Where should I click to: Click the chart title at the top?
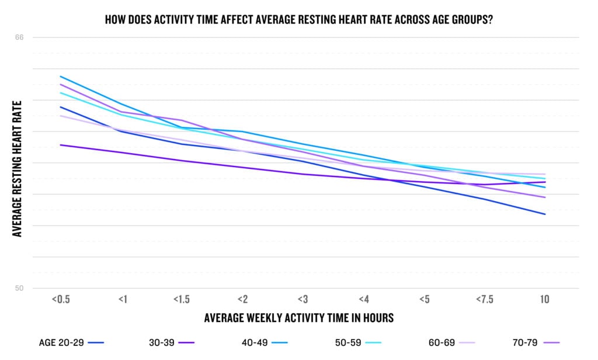click(x=299, y=19)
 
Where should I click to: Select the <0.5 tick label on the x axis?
click(x=60, y=299)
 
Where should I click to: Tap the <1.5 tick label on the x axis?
click(x=181, y=299)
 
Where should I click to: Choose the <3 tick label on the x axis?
click(x=303, y=299)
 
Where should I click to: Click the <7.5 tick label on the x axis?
click(x=484, y=299)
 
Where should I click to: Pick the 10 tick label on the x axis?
click(x=544, y=299)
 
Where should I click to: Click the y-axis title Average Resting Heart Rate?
click(x=18, y=168)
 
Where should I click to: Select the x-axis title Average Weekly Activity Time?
click(x=299, y=318)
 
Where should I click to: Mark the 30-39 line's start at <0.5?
click(x=60, y=145)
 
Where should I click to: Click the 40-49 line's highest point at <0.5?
click(x=60, y=76)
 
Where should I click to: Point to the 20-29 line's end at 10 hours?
click(x=545, y=214)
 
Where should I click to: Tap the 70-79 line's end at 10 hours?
click(x=545, y=197)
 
